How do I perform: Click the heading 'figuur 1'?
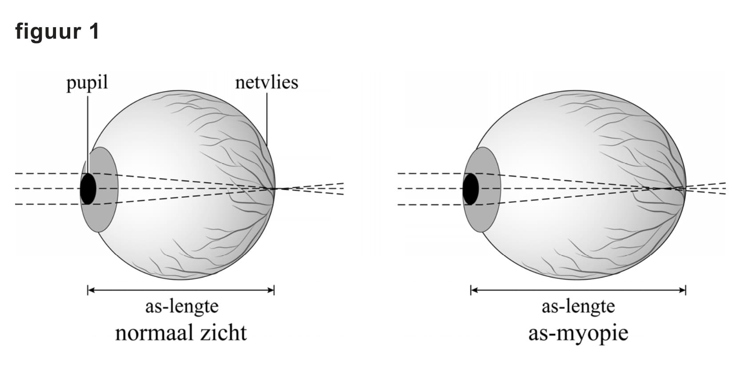(57, 32)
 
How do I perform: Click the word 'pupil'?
(87, 83)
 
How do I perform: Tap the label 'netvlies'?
(266, 83)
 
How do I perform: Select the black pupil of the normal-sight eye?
(88, 189)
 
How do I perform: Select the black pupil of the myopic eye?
(471, 189)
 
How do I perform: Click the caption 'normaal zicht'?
(180, 333)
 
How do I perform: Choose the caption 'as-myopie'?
(578, 333)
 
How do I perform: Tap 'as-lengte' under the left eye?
(182, 306)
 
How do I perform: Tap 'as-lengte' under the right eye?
(578, 306)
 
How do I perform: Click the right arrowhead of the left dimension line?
(271, 291)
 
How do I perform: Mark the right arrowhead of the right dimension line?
(682, 291)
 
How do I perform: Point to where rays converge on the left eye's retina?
(273, 189)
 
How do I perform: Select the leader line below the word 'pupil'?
(88, 133)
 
